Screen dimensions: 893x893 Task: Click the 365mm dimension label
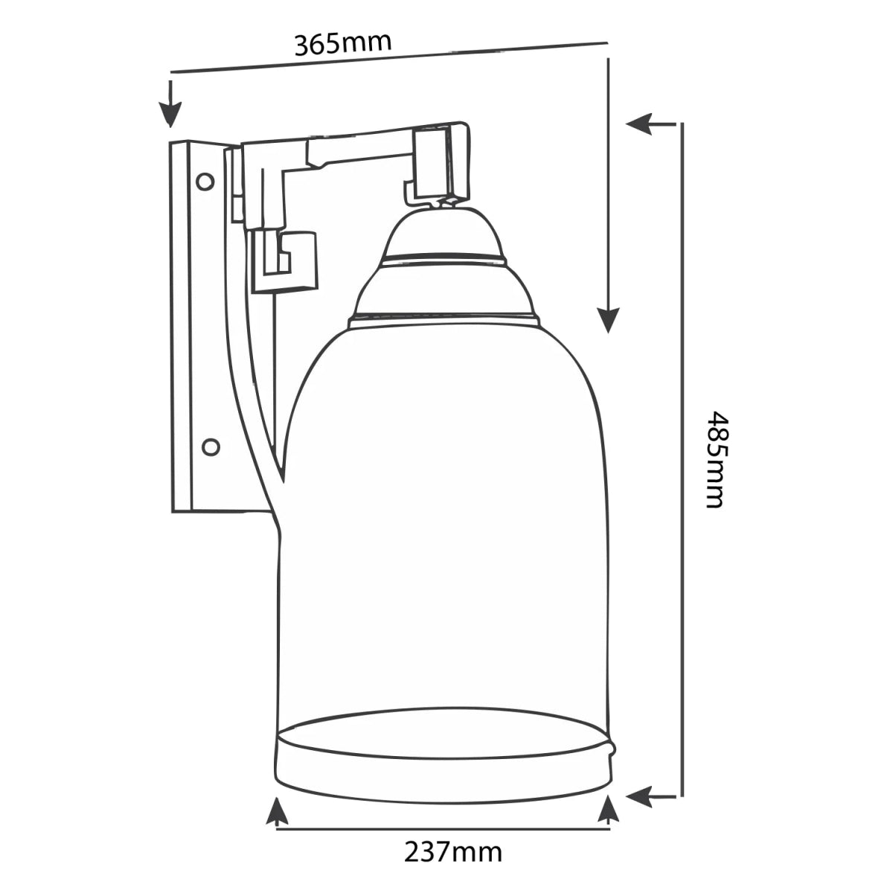pos(343,43)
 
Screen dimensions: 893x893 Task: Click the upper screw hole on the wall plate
pos(205,181)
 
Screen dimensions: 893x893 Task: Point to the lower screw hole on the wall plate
pos(211,447)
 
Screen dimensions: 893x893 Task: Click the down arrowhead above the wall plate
pos(170,114)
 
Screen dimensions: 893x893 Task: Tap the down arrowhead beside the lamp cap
pos(608,319)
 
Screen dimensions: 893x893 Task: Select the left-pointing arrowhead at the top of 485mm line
pos(639,124)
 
